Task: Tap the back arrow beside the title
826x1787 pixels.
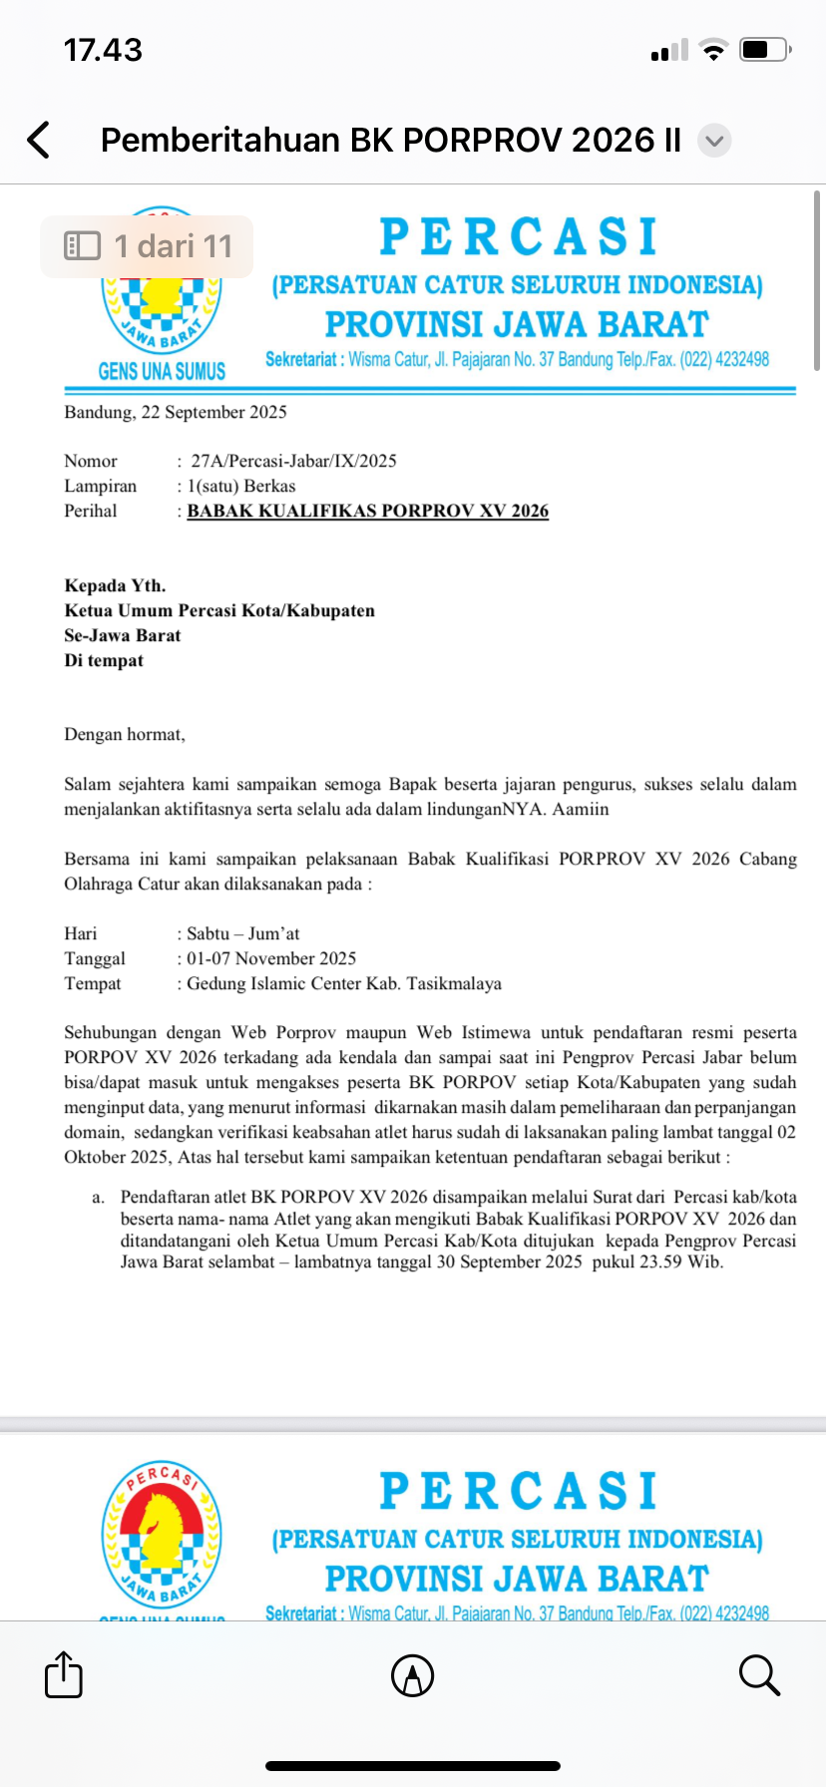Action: click(x=39, y=140)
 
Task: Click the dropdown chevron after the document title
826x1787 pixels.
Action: click(x=714, y=141)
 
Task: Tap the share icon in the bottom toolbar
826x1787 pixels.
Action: click(x=64, y=1674)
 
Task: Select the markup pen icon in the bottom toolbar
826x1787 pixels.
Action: click(x=412, y=1675)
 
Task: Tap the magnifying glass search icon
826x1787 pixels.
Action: click(x=759, y=1674)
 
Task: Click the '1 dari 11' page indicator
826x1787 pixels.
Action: click(x=148, y=246)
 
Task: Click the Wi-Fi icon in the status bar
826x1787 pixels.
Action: click(x=712, y=50)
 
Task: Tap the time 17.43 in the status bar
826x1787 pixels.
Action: click(x=103, y=50)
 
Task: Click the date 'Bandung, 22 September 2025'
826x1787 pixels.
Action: click(x=176, y=412)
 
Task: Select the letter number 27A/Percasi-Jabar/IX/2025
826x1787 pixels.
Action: click(x=293, y=461)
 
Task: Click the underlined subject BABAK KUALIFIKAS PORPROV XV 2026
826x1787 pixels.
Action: click(x=368, y=511)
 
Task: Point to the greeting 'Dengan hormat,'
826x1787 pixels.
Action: click(x=125, y=735)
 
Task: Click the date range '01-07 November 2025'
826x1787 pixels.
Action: click(x=271, y=958)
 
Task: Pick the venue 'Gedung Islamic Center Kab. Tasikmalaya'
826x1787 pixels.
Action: click(x=344, y=983)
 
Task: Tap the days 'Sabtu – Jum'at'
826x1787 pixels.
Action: click(x=243, y=933)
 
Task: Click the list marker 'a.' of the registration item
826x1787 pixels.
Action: click(x=98, y=1197)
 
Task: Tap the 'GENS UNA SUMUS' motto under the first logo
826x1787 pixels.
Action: click(x=162, y=371)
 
